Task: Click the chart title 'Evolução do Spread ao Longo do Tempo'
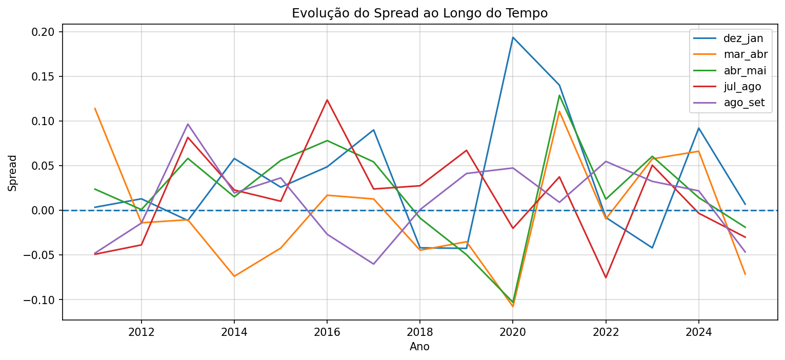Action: [x=419, y=13]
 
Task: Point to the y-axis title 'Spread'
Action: [x=13, y=173]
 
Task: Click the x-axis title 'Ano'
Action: [x=419, y=347]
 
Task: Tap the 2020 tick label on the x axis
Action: [x=513, y=332]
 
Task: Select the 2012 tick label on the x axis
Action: [x=142, y=332]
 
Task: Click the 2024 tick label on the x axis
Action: [x=698, y=332]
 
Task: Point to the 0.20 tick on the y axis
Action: [x=45, y=32]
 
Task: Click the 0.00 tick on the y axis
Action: [x=45, y=210]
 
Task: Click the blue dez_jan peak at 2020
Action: [x=513, y=37]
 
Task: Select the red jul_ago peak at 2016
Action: [x=327, y=100]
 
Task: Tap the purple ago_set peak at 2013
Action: [x=188, y=124]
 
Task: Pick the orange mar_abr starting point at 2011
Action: [x=95, y=108]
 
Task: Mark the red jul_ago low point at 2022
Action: [x=606, y=277]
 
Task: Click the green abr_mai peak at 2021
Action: [x=559, y=95]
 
